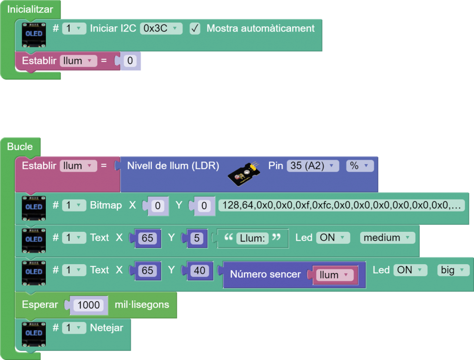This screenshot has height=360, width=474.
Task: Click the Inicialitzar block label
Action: click(x=30, y=9)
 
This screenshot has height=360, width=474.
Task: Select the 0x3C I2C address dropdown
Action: click(x=161, y=28)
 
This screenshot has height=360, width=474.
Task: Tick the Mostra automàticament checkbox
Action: click(x=195, y=29)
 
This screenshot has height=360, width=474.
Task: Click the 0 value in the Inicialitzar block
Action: click(x=130, y=61)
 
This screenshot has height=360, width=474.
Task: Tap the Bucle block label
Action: click(x=20, y=147)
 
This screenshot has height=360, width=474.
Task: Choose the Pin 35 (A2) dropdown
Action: click(x=313, y=166)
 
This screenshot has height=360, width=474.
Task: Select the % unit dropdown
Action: click(x=359, y=166)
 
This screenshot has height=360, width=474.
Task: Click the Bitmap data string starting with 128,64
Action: click(x=342, y=205)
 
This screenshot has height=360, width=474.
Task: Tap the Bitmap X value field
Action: click(x=158, y=206)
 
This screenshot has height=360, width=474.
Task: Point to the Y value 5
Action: click(x=197, y=238)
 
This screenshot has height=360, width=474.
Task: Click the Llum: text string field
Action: click(x=252, y=238)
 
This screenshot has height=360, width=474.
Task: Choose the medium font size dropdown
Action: click(x=387, y=238)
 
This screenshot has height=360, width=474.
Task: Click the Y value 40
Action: click(x=200, y=271)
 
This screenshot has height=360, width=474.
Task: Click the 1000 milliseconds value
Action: click(x=89, y=305)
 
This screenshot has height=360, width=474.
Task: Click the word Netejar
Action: click(x=106, y=328)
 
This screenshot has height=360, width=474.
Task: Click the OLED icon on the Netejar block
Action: click(x=34, y=333)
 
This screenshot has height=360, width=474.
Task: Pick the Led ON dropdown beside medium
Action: click(x=332, y=238)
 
